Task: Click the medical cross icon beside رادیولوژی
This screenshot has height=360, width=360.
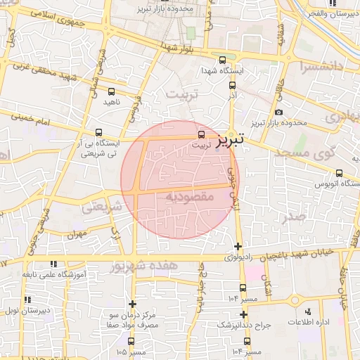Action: pos(238,247)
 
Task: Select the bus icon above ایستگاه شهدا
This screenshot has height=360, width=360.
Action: pos(223,60)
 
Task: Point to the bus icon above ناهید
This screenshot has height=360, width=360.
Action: pos(111,91)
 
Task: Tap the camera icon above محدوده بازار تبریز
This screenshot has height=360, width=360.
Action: pos(279,112)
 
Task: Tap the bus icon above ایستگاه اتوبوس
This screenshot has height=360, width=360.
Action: pos(339,173)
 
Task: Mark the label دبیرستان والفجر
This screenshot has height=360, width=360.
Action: pos(333,13)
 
